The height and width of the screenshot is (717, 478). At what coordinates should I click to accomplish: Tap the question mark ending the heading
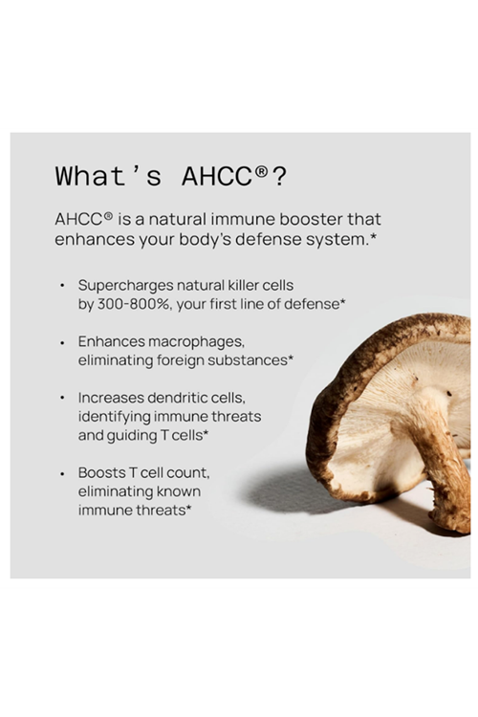point(280,176)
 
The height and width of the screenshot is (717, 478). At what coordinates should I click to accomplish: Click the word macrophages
point(196,341)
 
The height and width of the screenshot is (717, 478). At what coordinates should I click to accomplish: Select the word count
point(187,472)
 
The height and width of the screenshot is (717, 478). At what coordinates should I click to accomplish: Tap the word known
point(183,491)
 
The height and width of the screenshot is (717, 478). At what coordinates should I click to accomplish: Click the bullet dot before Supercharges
point(62,286)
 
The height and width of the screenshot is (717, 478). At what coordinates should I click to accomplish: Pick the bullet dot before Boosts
point(62,473)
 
